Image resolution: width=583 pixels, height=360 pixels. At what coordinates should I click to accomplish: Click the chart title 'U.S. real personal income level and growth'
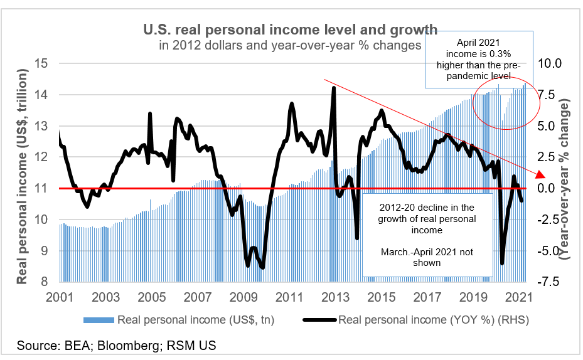pyautogui.click(x=290, y=29)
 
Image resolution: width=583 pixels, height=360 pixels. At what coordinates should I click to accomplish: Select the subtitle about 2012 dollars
pyautogui.click(x=290, y=45)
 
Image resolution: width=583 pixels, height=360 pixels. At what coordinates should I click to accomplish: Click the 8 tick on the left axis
pyautogui.click(x=46, y=282)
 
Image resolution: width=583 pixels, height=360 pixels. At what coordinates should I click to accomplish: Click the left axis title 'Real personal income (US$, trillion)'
pyautogui.click(x=23, y=177)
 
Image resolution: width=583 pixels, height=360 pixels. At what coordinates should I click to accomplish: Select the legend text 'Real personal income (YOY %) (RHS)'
pyautogui.click(x=433, y=320)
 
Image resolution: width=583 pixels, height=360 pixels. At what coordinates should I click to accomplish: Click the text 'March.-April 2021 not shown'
pyautogui.click(x=427, y=257)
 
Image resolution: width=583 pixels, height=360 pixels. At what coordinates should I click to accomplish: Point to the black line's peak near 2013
pyautogui.click(x=333, y=88)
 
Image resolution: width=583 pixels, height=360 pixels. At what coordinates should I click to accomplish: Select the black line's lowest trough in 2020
pyautogui.click(x=501, y=263)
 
